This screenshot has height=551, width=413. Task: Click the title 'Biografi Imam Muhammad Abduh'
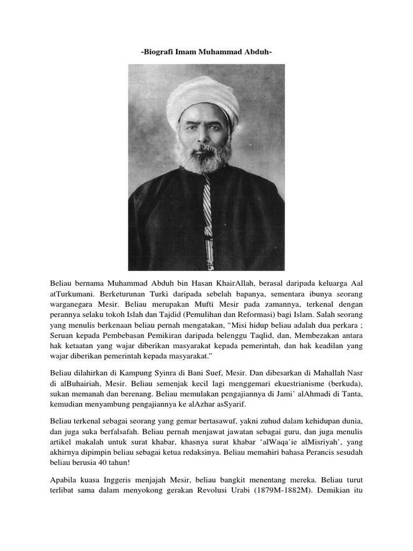tap(206, 52)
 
